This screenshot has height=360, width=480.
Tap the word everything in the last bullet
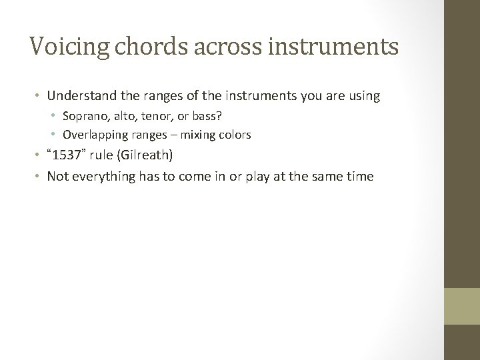(101, 176)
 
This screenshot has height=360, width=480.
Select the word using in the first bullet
(365, 96)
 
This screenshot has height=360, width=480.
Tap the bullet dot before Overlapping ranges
(55, 135)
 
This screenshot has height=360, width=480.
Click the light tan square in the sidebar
(462, 307)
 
